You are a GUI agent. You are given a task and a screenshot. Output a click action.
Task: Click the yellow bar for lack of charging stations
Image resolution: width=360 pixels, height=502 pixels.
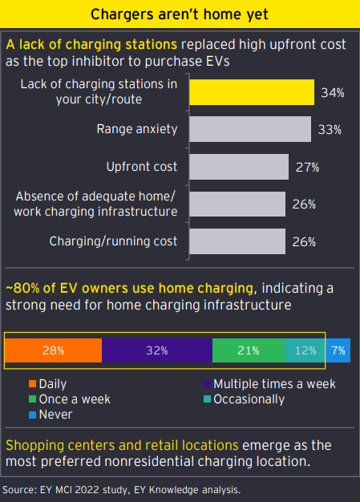click(x=252, y=92)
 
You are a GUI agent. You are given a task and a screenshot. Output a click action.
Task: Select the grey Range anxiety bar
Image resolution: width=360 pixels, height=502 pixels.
click(x=250, y=129)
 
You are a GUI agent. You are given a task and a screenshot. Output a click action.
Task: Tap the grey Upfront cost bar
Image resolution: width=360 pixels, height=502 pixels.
click(x=239, y=167)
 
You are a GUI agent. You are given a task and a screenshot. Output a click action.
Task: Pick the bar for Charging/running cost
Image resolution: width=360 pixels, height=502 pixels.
click(x=237, y=241)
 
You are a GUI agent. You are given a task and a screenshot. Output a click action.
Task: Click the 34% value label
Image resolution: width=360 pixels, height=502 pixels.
click(x=333, y=93)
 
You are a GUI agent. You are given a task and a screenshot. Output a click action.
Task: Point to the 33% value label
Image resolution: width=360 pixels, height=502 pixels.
click(x=330, y=130)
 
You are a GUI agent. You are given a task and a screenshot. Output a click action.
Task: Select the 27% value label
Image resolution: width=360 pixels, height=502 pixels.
click(x=308, y=167)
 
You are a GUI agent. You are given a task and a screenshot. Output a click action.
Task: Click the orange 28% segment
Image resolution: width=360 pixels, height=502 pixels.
click(x=54, y=350)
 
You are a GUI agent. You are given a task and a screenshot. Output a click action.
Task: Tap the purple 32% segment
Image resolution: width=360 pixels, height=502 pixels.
click(x=157, y=350)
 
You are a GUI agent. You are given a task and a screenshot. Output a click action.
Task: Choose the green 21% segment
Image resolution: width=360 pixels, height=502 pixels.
click(x=249, y=350)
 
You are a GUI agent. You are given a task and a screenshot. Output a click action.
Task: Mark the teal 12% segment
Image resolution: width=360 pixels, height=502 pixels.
click(x=305, y=350)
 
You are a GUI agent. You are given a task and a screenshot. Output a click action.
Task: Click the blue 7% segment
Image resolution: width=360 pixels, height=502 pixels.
click(x=338, y=350)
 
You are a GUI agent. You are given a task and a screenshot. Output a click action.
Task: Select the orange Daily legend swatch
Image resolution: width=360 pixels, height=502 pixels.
click(x=32, y=384)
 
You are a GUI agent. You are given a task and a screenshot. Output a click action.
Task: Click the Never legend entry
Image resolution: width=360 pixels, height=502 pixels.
click(x=51, y=415)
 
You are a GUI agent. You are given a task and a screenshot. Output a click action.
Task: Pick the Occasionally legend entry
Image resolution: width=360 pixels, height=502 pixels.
click(x=245, y=399)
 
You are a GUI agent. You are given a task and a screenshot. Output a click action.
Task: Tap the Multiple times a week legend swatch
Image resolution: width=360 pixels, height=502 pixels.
click(x=208, y=384)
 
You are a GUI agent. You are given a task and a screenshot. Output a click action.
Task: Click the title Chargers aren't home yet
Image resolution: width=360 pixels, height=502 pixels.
click(x=180, y=14)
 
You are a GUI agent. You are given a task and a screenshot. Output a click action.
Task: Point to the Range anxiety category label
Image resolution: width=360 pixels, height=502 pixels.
click(x=137, y=129)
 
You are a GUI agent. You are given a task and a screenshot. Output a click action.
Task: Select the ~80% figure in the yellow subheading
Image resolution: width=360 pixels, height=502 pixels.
click(x=22, y=288)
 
